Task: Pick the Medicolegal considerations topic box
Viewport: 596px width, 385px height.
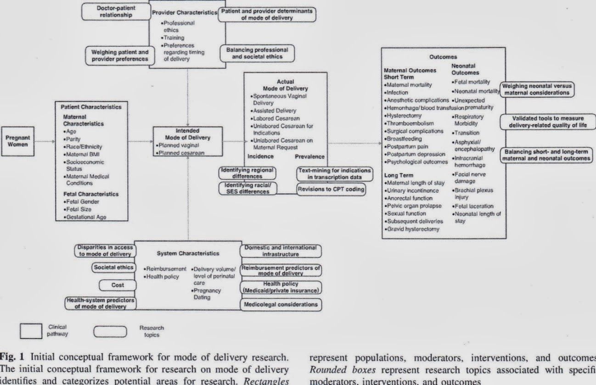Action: (280, 304)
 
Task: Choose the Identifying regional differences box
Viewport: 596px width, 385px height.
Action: (247, 172)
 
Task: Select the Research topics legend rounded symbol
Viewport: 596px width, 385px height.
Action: (110, 331)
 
